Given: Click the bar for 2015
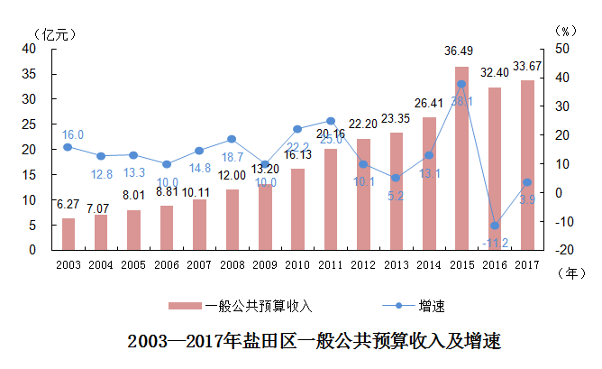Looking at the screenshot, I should pos(461,158).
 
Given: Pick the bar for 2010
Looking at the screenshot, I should pos(297,208).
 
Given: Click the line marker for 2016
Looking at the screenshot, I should pos(494,226).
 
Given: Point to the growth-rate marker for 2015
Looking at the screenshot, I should pos(461,84).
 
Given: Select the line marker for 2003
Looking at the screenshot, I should pos(68,146).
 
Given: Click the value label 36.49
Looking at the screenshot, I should pos(461,52).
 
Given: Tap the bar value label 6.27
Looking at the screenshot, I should pos(68,204).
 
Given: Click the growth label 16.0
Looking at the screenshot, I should pos(73,134).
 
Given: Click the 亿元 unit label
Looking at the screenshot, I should pos(52,32).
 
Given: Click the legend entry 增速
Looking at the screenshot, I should pos(432,306).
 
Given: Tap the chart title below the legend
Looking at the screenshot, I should pos(314,342).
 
